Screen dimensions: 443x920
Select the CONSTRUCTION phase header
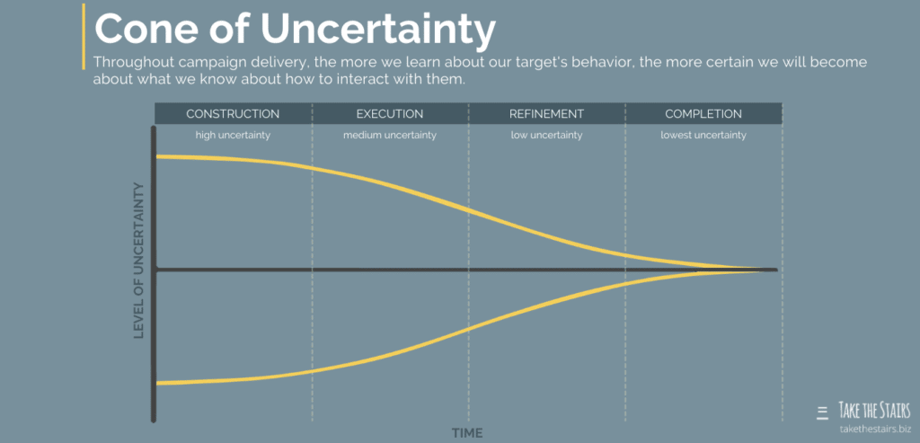tap(233, 114)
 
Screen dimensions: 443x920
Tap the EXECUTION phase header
tap(389, 114)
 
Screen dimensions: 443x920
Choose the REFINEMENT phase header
tap(546, 114)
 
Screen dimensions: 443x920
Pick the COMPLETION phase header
tap(703, 114)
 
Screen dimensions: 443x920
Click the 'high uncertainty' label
tap(233, 136)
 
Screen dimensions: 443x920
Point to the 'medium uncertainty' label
tap(389, 136)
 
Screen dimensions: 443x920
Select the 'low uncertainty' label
tap(546, 136)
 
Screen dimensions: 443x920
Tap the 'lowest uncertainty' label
tap(703, 136)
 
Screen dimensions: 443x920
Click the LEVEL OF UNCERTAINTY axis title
tap(139, 261)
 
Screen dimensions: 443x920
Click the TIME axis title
tap(467, 433)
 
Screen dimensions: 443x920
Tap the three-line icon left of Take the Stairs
tap(822, 413)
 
